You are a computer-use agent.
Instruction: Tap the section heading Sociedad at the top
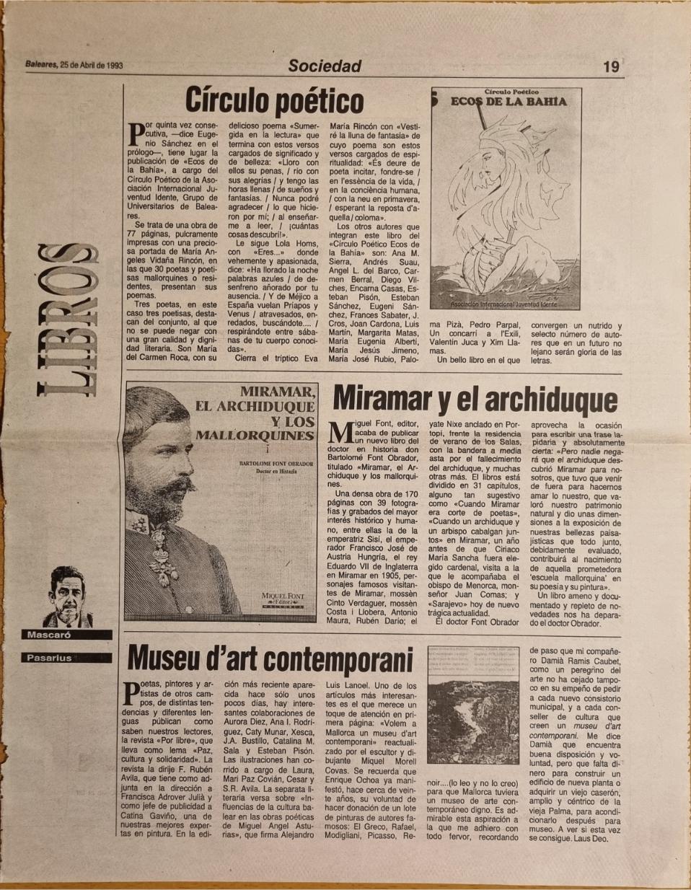[325, 66]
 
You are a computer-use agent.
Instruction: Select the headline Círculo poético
[274, 100]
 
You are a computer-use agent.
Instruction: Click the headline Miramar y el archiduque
[475, 400]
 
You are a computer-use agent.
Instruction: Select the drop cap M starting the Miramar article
[340, 432]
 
